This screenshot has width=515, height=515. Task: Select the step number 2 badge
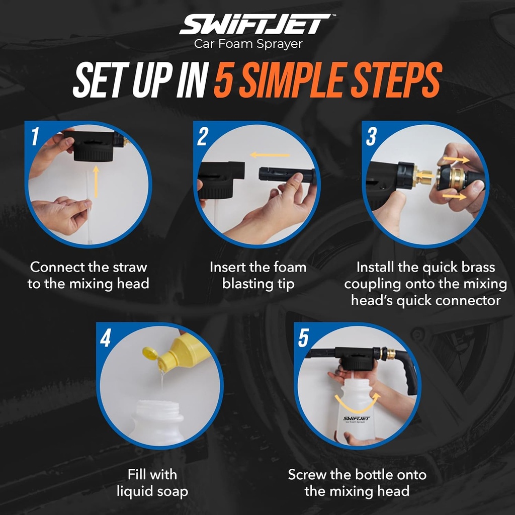pos(203,136)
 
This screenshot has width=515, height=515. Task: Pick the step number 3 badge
pos(371,136)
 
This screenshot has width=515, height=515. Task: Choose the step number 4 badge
pos(105,338)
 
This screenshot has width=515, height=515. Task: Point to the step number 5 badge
pos(303,338)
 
